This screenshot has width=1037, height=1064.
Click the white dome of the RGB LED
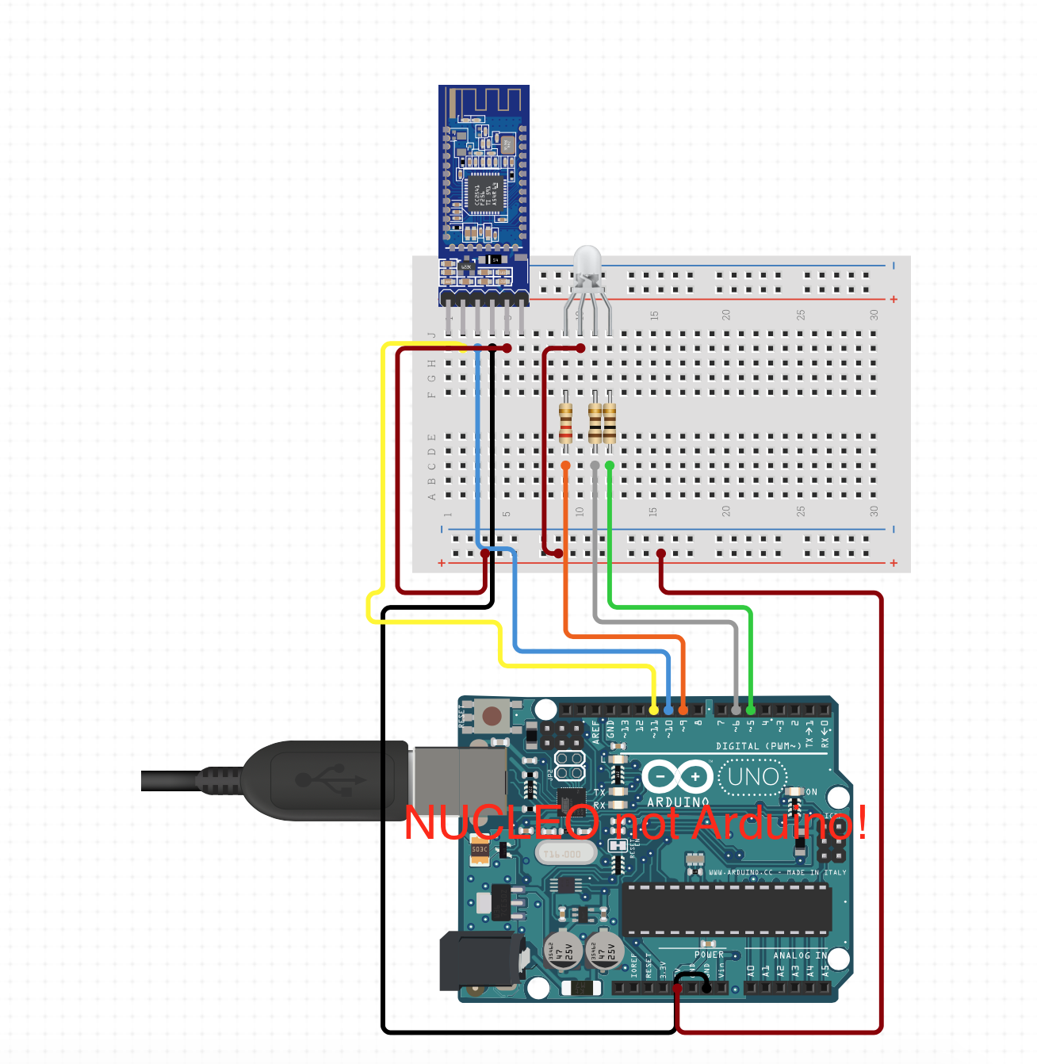[587, 262]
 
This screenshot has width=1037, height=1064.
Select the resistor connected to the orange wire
[565, 423]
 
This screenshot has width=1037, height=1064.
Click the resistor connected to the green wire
[610, 423]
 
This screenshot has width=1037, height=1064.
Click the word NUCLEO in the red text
[502, 823]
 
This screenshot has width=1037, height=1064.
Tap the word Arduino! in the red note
[780, 823]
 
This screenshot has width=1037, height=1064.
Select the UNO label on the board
[752, 776]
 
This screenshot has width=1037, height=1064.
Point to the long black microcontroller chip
[726, 909]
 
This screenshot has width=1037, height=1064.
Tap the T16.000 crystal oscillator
[562, 854]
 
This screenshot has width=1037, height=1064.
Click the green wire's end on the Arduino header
[751, 710]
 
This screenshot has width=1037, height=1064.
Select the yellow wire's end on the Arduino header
[654, 710]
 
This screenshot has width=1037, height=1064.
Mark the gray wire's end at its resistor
[595, 465]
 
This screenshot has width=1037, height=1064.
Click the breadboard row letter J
[432, 335]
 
